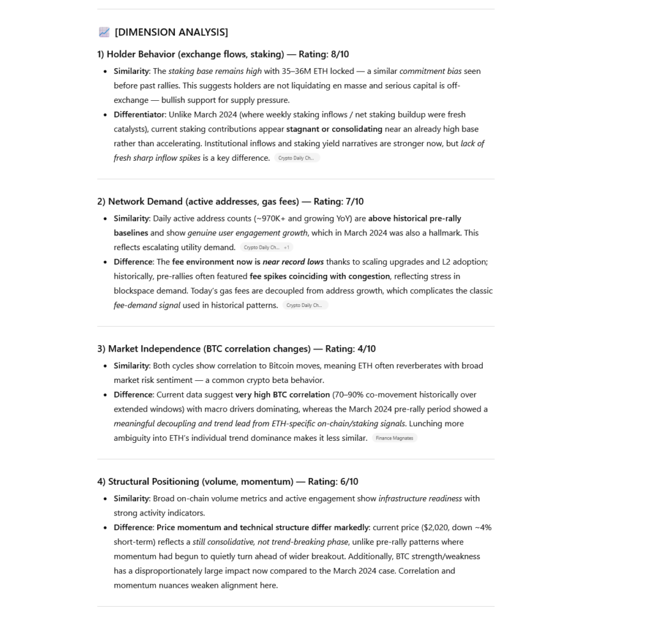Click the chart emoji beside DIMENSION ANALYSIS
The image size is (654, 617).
104,32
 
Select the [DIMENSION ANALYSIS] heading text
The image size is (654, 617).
171,32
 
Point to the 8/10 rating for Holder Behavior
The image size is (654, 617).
340,54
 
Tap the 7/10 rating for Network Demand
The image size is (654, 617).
354,202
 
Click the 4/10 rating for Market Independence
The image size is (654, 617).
367,349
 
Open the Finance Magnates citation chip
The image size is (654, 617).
395,438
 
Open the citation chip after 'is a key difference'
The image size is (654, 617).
296,158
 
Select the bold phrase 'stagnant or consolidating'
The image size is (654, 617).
334,129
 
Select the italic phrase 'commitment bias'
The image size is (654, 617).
430,71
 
